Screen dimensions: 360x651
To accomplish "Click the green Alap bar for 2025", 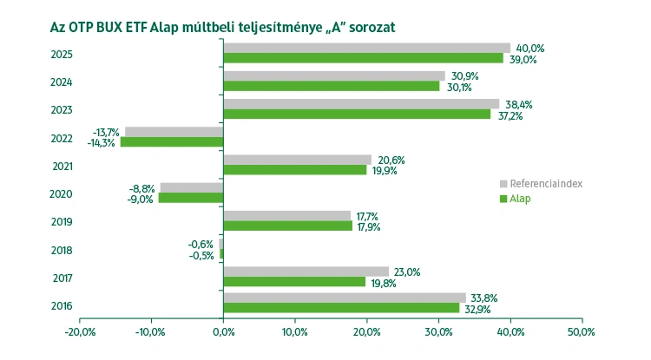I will coord(363,58).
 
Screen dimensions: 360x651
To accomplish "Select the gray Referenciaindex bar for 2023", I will coord(361,103).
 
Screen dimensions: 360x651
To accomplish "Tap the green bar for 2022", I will coord(172,141).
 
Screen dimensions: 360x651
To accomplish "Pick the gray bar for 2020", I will coord(192,187).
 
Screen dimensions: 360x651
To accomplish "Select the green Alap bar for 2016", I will coord(341,307).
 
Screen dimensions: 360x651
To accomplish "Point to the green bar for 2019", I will coord(287,226).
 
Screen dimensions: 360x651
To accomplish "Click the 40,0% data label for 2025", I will coord(529,49).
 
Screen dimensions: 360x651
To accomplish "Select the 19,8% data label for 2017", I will coord(384,282).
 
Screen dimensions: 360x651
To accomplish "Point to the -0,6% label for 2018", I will coord(201,244).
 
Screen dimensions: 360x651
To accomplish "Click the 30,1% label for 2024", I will coord(457,87).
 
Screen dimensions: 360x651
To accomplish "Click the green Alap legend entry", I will coord(519,199).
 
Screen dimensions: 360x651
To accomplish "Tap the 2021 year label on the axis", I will coord(62,167).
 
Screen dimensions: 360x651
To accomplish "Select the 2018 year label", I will coord(62,251).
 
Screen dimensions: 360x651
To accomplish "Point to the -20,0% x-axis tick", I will coord(80,331).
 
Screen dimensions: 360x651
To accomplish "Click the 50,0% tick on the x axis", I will coord(581,331).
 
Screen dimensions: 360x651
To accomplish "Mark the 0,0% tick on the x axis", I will coord(223,331).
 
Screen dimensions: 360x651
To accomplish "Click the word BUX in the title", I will coord(117,27).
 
